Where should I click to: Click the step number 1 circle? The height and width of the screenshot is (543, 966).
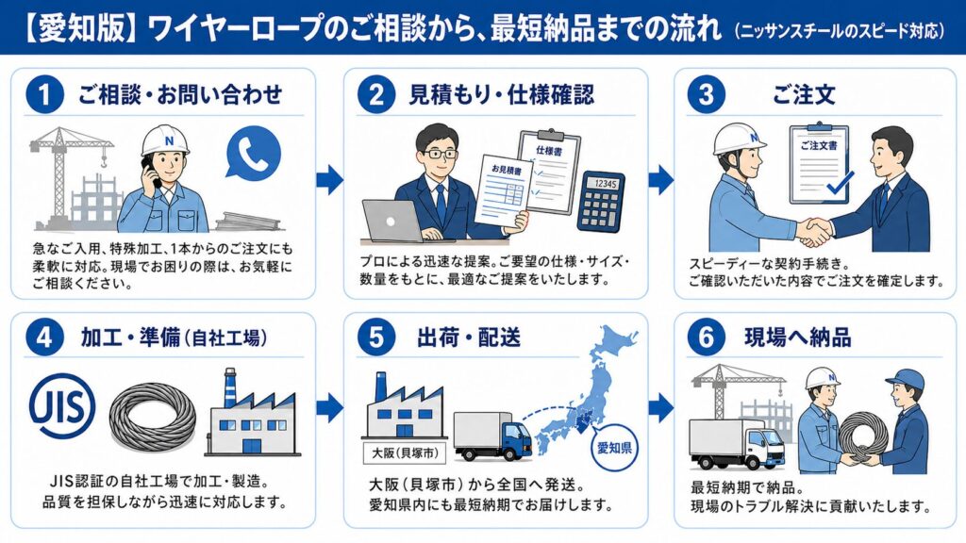43,94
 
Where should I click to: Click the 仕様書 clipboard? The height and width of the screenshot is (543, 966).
551,170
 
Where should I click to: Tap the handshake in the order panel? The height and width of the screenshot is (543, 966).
813,230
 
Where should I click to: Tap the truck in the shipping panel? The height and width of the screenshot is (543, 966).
491,436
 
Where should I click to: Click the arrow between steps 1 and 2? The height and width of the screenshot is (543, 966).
328,178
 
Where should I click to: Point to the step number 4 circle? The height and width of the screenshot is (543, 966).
43,338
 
